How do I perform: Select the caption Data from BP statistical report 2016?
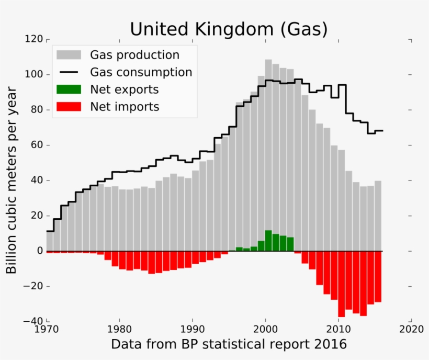tap(229, 344)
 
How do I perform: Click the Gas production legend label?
tap(134, 55)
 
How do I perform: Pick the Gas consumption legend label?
tap(141, 72)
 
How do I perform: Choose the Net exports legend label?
tap(124, 89)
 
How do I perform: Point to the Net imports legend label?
tap(124, 107)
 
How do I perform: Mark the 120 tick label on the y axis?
tap(33, 39)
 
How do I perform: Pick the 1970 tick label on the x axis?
tap(47, 331)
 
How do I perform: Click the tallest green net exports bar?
tap(268, 241)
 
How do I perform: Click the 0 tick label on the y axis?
tap(39, 251)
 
